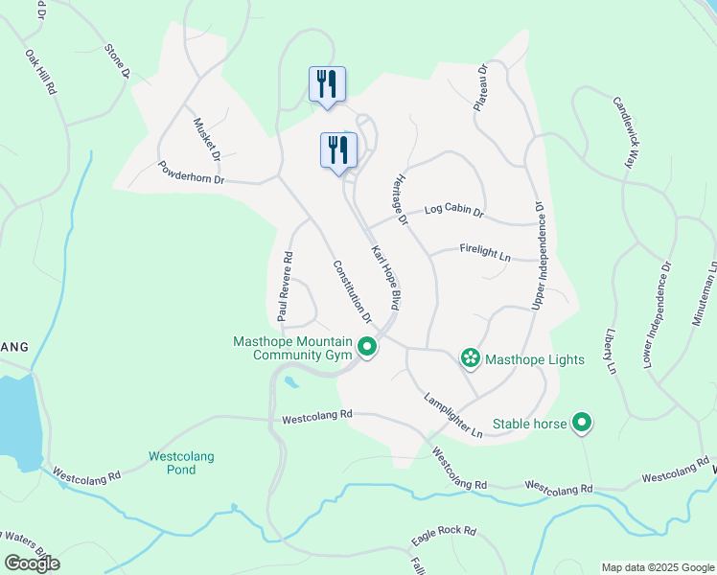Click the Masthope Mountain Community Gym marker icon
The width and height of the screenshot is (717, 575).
click(x=366, y=347)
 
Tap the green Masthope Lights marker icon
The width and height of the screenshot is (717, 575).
click(x=471, y=359)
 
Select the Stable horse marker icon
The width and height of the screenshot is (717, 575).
click(x=581, y=423)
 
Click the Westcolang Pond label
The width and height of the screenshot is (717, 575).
click(x=181, y=463)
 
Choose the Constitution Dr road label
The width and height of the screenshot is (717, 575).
click(x=352, y=290)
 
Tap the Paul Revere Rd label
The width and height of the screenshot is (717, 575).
click(x=284, y=286)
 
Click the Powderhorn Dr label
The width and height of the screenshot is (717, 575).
click(x=191, y=172)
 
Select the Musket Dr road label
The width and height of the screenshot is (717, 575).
click(x=208, y=140)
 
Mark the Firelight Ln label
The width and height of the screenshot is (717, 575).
click(x=486, y=253)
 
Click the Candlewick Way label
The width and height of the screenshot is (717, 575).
click(x=624, y=131)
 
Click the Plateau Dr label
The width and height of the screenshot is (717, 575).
click(x=482, y=87)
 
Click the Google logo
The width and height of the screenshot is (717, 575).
click(x=33, y=563)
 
